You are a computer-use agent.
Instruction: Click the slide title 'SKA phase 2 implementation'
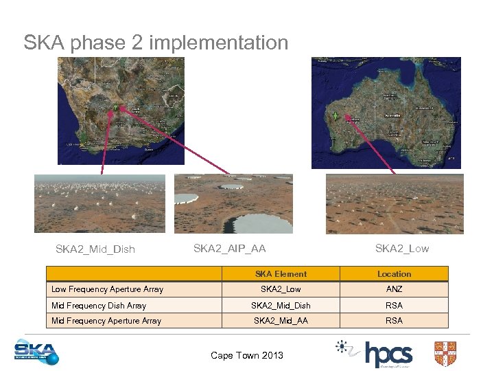[x=156, y=43]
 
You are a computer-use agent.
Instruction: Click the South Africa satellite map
[x=121, y=110]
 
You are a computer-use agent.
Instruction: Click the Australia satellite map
[x=386, y=112]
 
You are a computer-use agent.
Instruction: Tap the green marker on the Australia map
[x=335, y=115]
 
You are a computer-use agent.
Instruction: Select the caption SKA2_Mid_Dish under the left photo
[x=95, y=249]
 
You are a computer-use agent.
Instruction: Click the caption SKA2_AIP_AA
[x=229, y=248]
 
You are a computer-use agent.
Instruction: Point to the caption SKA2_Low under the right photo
[x=401, y=248]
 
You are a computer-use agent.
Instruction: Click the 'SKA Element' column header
[x=281, y=273]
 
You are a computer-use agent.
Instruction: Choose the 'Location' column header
[x=394, y=273]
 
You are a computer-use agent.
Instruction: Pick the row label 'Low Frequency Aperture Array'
[x=107, y=289]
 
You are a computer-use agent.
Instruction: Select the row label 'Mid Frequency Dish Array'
[x=99, y=305]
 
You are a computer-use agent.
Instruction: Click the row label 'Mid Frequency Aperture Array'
[x=106, y=321]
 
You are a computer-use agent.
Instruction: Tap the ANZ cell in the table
[x=394, y=289]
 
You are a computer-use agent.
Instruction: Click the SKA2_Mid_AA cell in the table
[x=281, y=321]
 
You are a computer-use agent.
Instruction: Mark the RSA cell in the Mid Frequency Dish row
[x=394, y=305]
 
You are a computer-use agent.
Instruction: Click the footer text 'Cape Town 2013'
[x=247, y=355]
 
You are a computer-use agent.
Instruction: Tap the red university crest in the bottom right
[x=445, y=353]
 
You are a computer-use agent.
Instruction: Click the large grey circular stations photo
[x=233, y=203]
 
